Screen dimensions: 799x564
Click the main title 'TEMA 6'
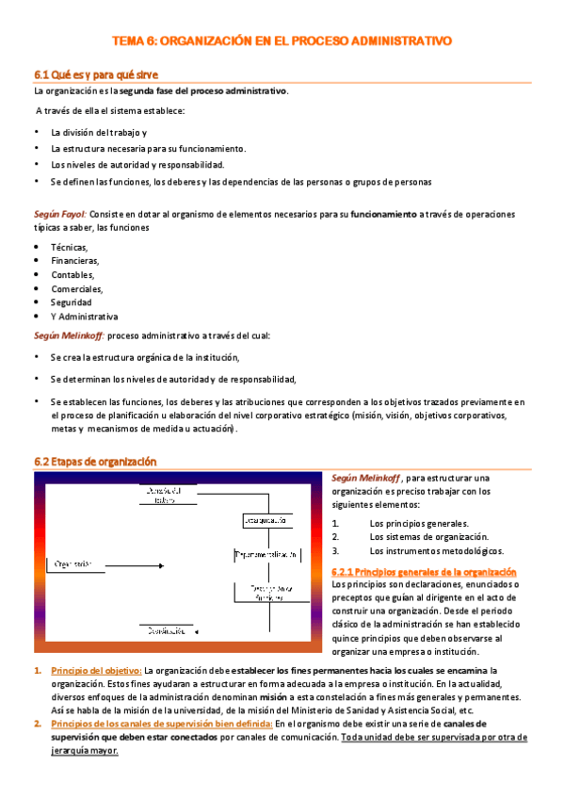(x=282, y=41)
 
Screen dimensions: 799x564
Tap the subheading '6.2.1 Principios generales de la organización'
(x=425, y=572)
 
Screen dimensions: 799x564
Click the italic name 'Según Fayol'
(x=60, y=214)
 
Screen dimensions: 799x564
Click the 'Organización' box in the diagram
(x=77, y=563)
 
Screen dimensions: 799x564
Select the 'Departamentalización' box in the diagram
(x=267, y=556)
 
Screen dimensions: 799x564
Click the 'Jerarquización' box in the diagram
(x=265, y=519)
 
